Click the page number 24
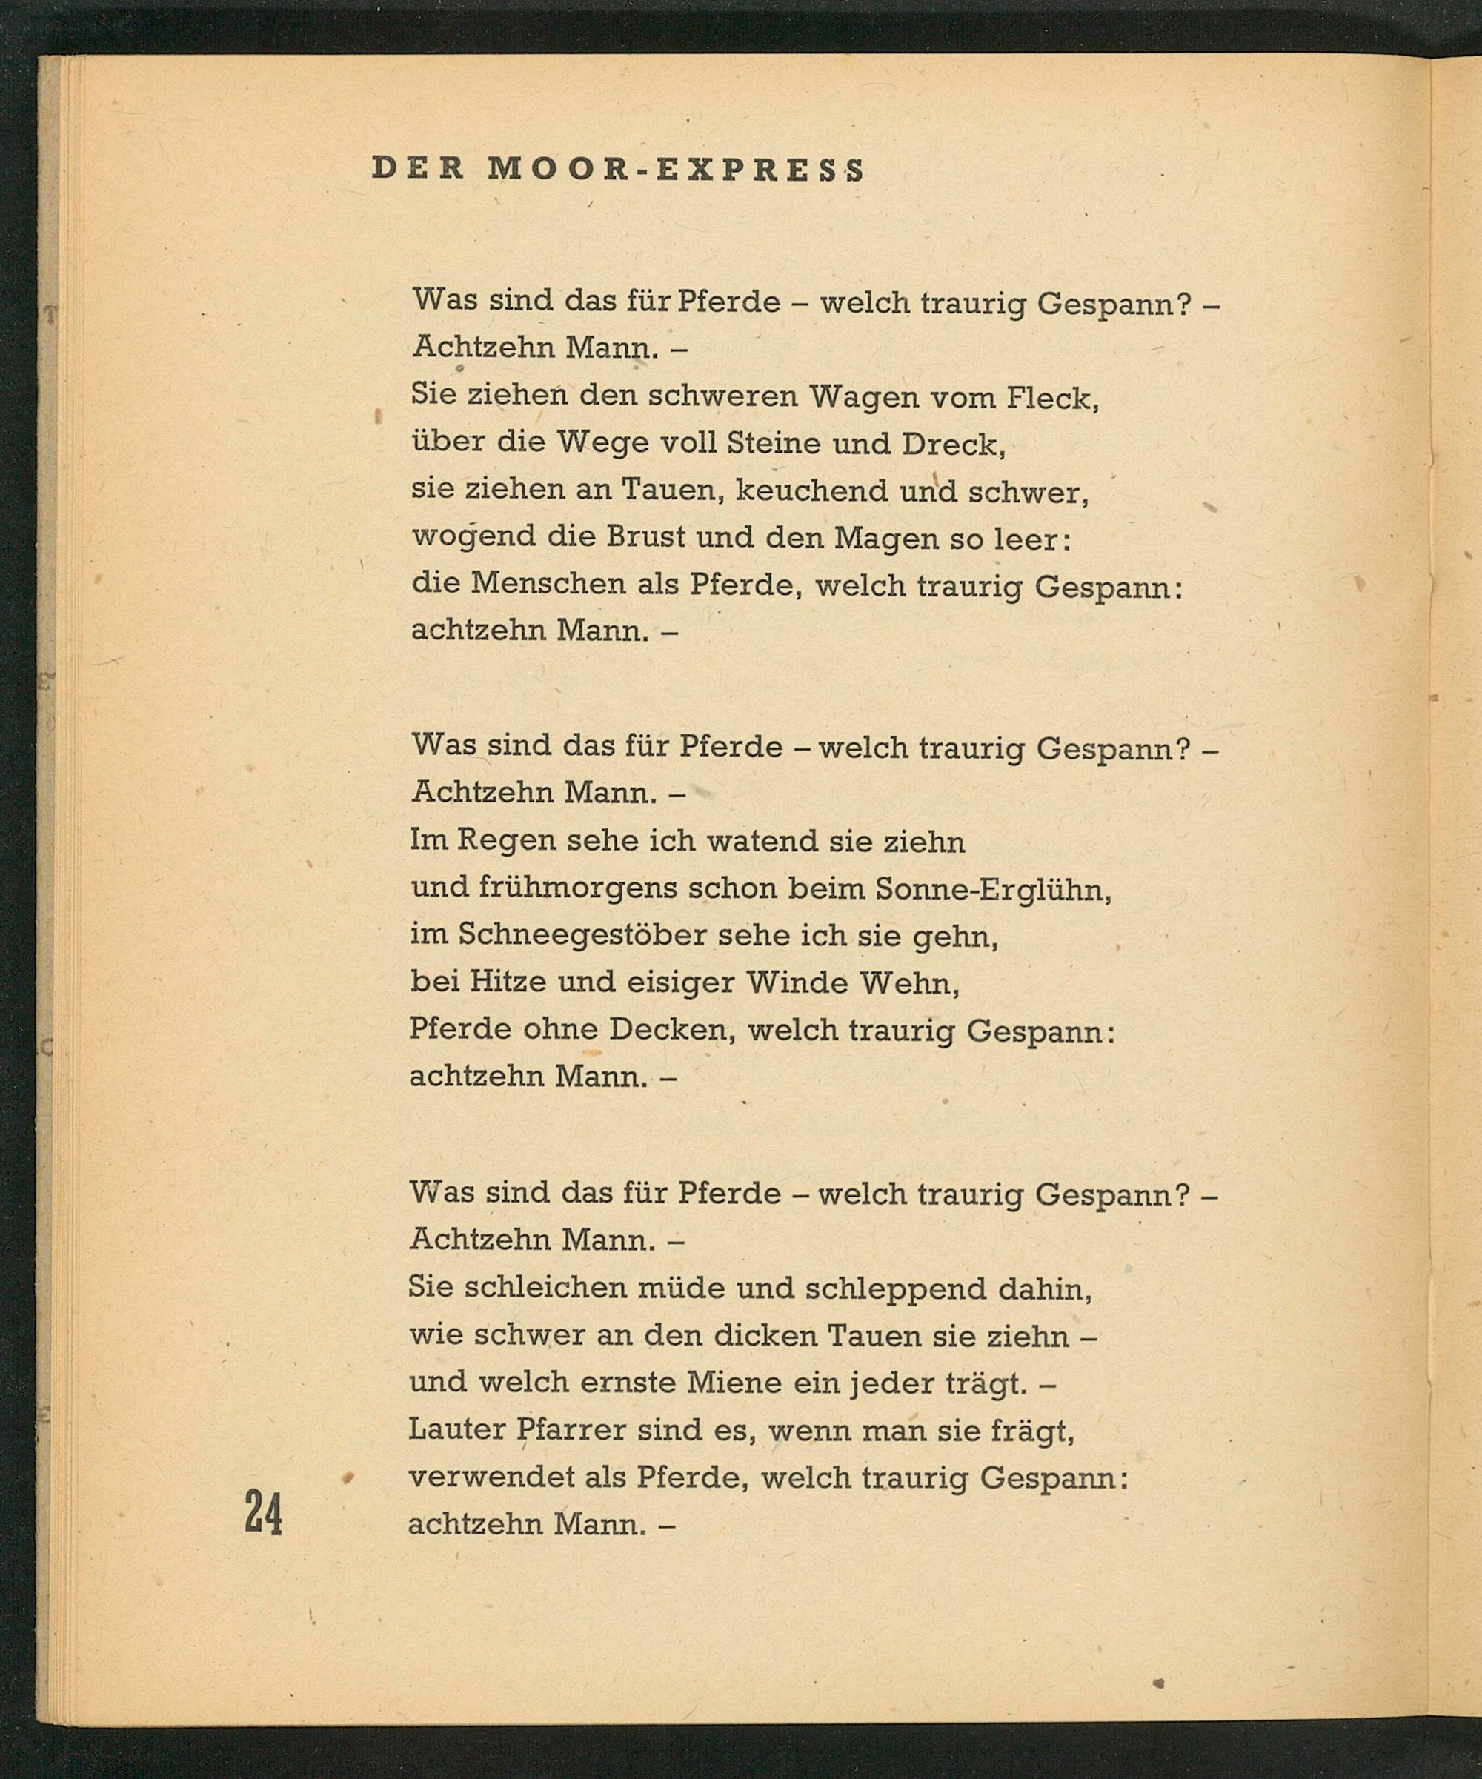click(x=262, y=1512)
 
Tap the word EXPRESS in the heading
click(x=760, y=170)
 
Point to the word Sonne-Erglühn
click(x=993, y=888)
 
